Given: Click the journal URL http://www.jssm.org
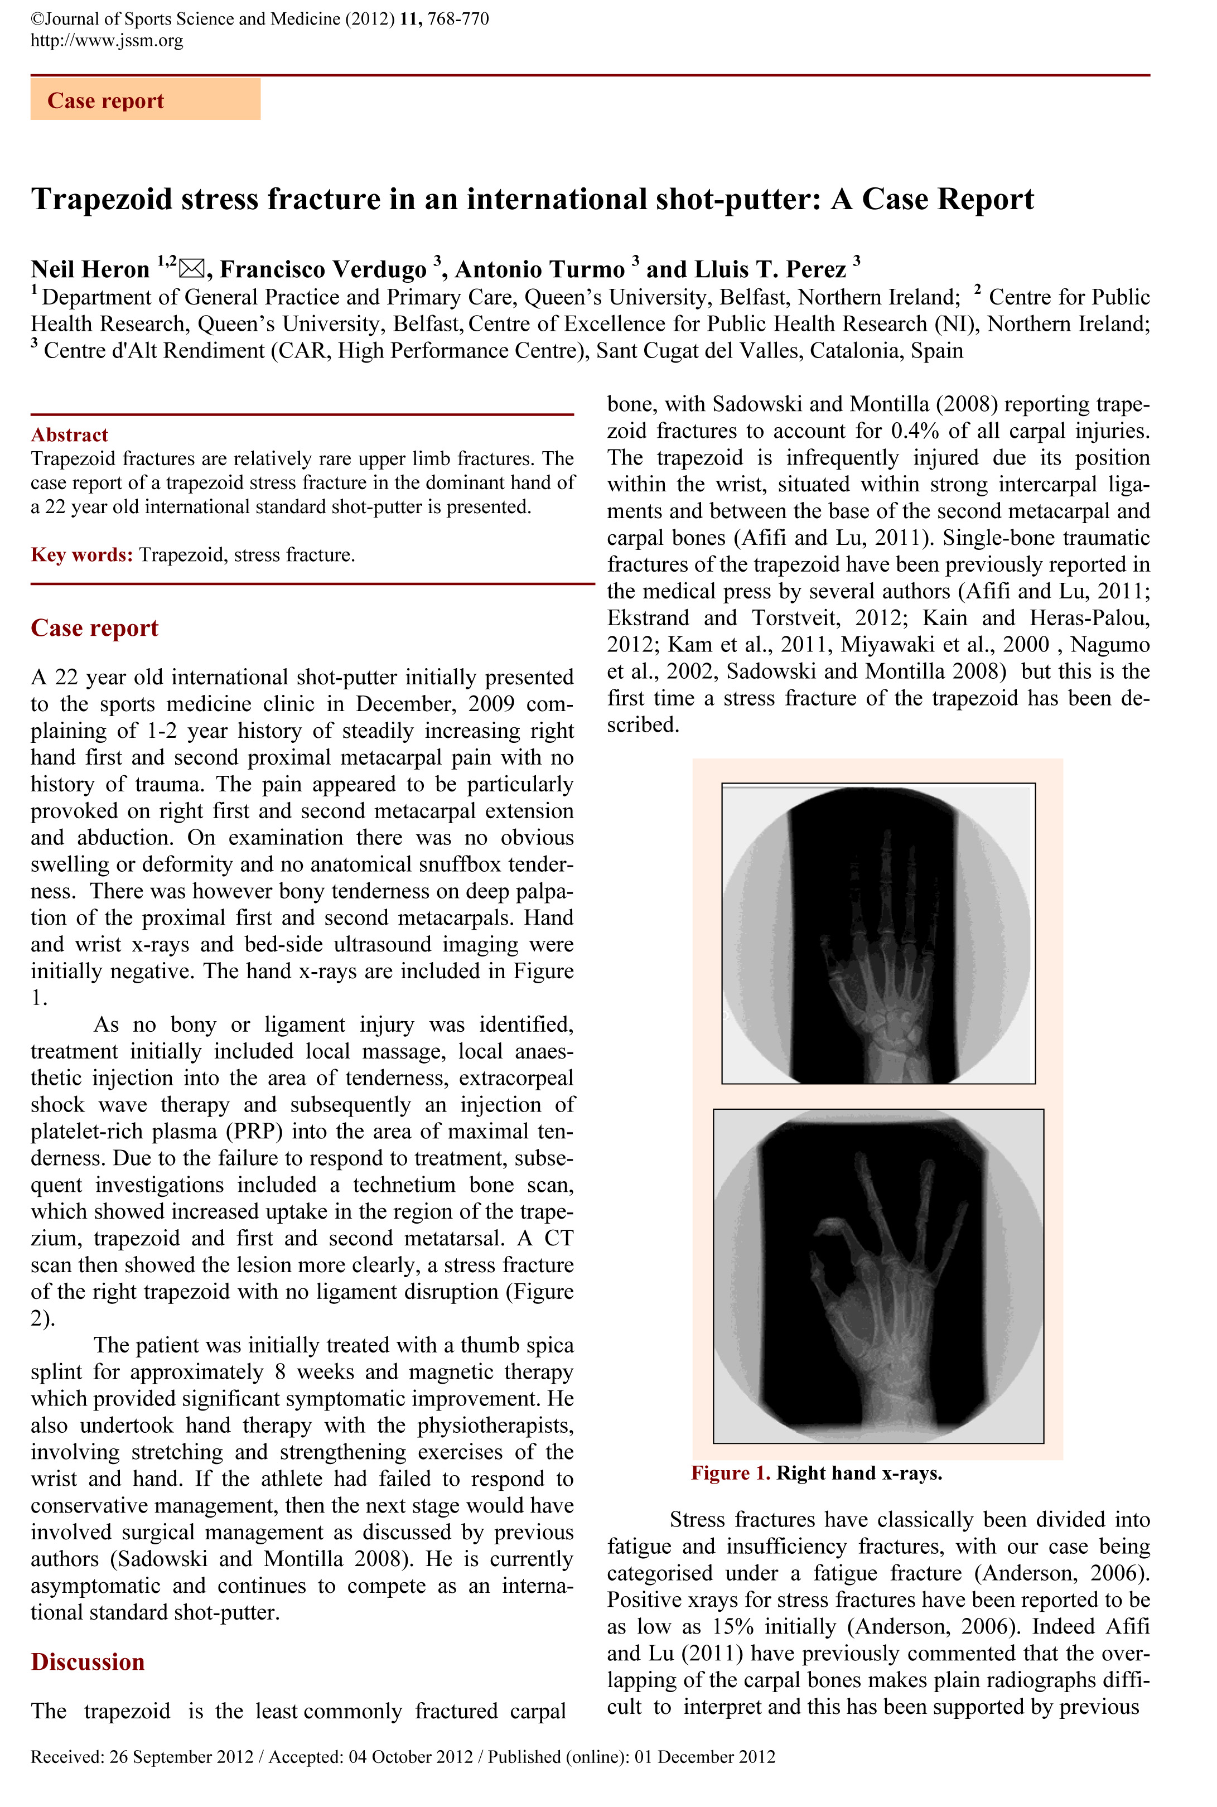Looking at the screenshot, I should [107, 40].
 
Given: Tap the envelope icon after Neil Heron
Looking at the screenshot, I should [191, 270].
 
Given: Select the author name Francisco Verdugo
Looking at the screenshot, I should [323, 270].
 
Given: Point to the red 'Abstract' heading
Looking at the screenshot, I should [69, 434].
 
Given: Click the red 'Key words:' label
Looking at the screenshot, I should [81, 555].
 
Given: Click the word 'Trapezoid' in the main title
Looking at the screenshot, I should [101, 200].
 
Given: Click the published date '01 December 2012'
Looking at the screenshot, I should [704, 1757].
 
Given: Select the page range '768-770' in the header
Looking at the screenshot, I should [458, 18].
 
